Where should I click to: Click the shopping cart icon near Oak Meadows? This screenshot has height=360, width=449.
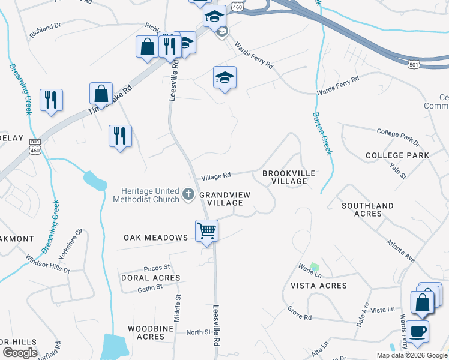[x=206, y=230]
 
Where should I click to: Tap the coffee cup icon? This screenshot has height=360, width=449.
[x=417, y=331]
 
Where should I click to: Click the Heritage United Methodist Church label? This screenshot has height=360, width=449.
[x=146, y=195]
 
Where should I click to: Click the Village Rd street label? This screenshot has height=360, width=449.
[x=216, y=176]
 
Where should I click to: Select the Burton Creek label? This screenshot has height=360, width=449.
[x=322, y=133]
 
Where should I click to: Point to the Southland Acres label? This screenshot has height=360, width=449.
[x=367, y=209]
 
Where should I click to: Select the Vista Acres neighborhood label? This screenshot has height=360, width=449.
[x=319, y=286]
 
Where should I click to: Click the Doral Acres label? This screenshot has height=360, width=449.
[x=150, y=278]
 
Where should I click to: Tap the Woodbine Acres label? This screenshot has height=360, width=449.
[x=146, y=332]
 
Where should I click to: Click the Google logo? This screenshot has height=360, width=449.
[x=19, y=353]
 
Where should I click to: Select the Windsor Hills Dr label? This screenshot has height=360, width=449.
[x=47, y=263]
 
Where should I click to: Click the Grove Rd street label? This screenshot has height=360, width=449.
[x=298, y=313]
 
